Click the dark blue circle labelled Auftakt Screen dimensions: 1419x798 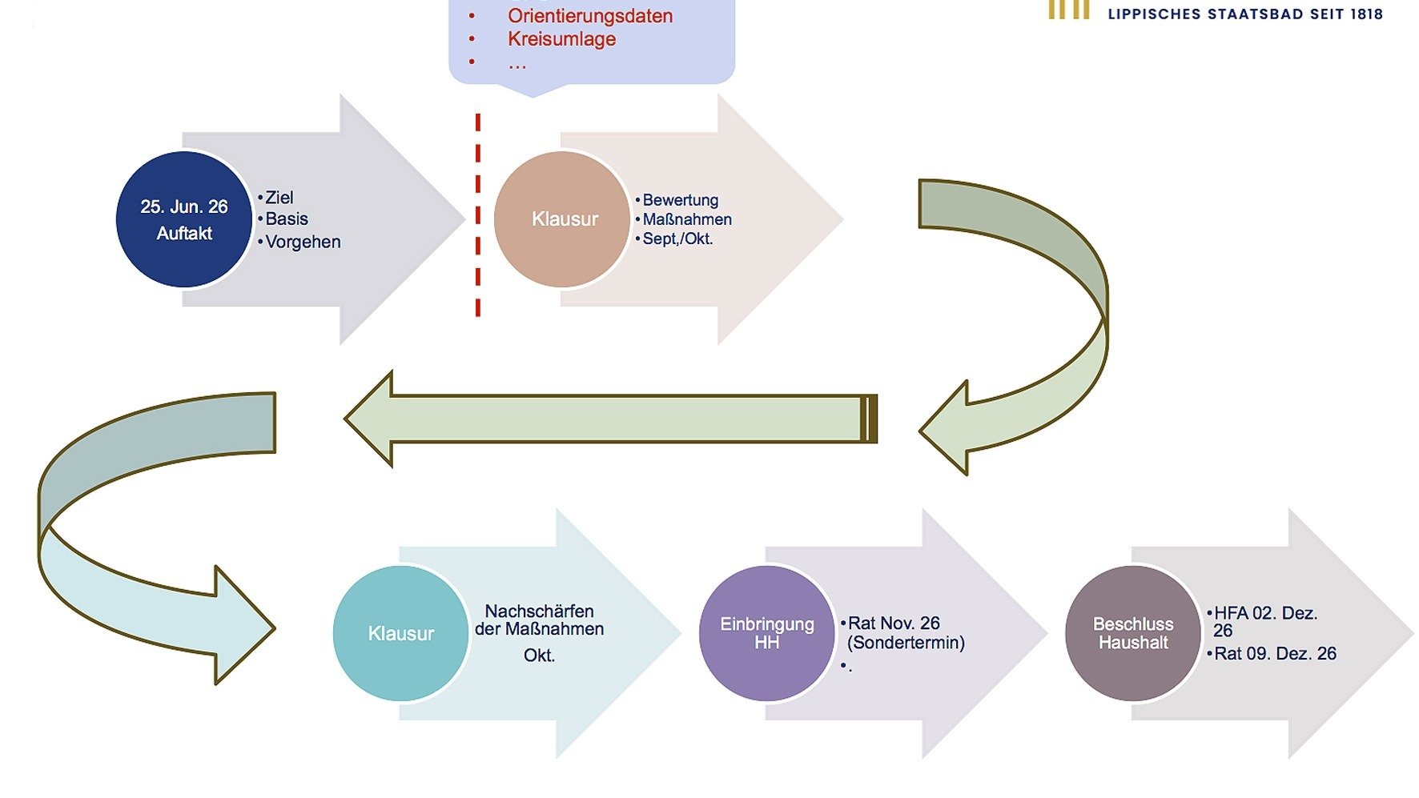click(x=184, y=219)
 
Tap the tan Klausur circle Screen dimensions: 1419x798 click(x=562, y=219)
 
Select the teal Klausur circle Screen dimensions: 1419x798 click(x=401, y=633)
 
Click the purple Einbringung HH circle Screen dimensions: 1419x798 click(x=767, y=633)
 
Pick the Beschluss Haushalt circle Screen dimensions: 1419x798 click(x=1133, y=633)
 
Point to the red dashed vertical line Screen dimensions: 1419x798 click(x=478, y=215)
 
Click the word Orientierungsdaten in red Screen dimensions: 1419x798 click(x=590, y=16)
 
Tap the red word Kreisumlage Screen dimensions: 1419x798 click(x=561, y=39)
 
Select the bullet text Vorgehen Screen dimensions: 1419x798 click(x=303, y=242)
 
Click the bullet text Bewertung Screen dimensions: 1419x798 click(x=681, y=200)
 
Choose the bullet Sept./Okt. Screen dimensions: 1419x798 click(x=677, y=239)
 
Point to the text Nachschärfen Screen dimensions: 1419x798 click(x=540, y=611)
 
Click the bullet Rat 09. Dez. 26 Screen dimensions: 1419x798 click(x=1275, y=653)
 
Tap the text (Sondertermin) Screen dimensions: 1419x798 click(x=906, y=642)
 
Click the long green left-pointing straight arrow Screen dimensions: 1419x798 click(x=611, y=419)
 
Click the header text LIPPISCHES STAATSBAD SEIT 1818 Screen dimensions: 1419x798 click(x=1245, y=14)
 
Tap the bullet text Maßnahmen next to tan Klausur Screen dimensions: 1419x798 click(x=687, y=219)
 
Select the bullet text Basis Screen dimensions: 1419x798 click(x=287, y=219)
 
